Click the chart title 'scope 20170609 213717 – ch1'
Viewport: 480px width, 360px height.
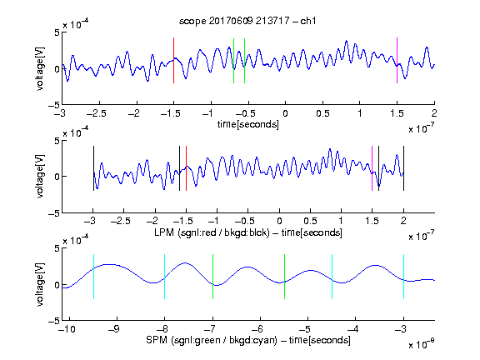(247, 21)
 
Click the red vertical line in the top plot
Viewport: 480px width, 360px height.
(173, 60)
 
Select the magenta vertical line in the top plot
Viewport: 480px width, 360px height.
(397, 60)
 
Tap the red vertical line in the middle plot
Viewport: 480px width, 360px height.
(186, 168)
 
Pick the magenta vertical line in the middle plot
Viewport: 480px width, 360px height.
(372, 168)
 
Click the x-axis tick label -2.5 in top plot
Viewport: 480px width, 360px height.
(97, 113)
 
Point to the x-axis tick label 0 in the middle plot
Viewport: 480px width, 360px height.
(279, 221)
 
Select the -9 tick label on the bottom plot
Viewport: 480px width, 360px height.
(114, 329)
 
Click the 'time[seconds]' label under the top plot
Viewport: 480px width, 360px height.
(248, 124)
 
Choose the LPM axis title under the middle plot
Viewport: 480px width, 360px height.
(248, 232)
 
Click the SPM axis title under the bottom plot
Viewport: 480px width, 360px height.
(248, 340)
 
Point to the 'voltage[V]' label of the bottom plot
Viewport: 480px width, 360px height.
(40, 284)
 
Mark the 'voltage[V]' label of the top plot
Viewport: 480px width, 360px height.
(40, 68)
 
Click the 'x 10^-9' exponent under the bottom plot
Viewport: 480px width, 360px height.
(422, 343)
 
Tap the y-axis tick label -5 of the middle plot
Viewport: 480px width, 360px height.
(54, 213)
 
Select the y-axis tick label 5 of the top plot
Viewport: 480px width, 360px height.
(57, 32)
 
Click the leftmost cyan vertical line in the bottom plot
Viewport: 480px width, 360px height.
(93, 277)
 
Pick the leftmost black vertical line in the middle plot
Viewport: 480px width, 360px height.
(93, 168)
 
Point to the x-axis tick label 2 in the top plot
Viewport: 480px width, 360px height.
(434, 113)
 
